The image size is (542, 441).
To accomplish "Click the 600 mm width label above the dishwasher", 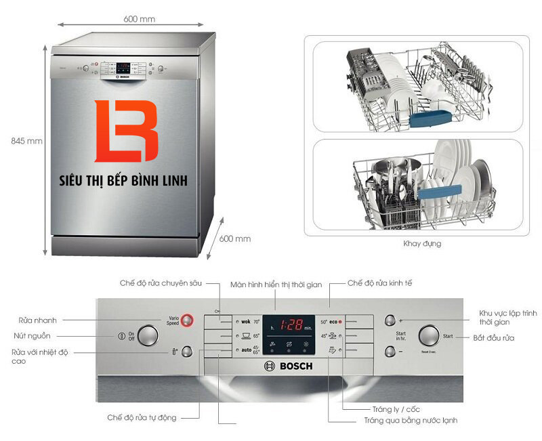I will coord(139,19).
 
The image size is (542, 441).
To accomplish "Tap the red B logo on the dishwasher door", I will coord(126,132).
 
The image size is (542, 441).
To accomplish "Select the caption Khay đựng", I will coord(422,243).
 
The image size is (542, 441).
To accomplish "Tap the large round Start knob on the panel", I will coord(429,336).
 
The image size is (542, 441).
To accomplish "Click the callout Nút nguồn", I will coord(32,335).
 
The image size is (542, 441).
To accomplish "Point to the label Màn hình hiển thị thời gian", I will coord(276,285).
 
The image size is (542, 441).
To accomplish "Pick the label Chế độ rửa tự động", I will coord(142,417).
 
